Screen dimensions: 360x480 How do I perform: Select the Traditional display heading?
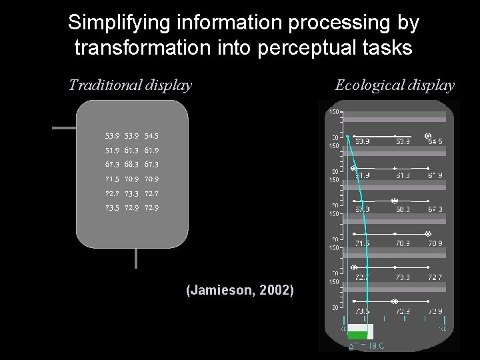click(x=130, y=85)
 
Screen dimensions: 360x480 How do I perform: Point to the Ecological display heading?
click(x=395, y=85)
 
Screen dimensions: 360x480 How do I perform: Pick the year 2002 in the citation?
click(x=279, y=290)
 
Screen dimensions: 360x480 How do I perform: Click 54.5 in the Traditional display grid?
click(x=151, y=136)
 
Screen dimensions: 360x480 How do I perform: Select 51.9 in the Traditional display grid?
click(x=111, y=151)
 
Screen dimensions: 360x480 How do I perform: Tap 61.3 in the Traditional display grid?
click(x=131, y=151)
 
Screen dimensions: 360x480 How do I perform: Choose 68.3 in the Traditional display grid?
click(x=131, y=165)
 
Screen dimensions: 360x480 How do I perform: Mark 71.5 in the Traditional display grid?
click(x=111, y=179)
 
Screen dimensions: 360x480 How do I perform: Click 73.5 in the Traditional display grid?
click(x=111, y=208)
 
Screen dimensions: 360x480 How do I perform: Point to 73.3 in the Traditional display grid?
click(x=131, y=194)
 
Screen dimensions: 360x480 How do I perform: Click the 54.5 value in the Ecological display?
click(x=435, y=141)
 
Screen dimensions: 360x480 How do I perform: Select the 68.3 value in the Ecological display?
click(x=402, y=209)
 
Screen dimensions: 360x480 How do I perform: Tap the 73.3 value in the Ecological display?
click(x=402, y=277)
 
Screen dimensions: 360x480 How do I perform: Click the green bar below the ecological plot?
click(x=357, y=334)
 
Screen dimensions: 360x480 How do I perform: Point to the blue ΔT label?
click(x=366, y=346)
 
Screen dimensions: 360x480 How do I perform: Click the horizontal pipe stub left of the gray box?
click(x=65, y=127)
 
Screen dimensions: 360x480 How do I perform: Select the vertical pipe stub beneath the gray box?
click(x=136, y=259)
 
